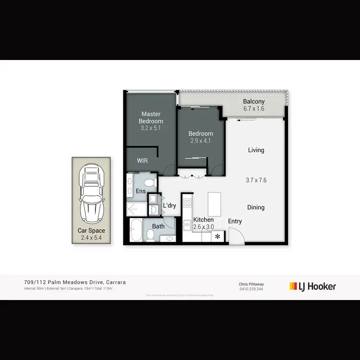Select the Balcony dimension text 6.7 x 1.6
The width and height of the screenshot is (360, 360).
[x=254, y=109]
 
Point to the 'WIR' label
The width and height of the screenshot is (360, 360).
[x=142, y=161]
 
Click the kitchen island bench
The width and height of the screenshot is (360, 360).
[x=214, y=204]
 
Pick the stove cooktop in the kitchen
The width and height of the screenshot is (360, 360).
[x=187, y=203]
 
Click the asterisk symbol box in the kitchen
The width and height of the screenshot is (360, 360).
[x=217, y=237]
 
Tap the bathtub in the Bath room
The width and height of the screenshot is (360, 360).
[x=135, y=230]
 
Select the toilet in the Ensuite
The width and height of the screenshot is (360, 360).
[x=150, y=183]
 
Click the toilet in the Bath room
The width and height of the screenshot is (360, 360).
[x=151, y=235]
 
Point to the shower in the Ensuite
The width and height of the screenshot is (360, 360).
[x=136, y=209]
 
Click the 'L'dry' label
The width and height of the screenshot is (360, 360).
[x=169, y=205]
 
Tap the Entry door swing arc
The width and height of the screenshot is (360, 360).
[x=237, y=235]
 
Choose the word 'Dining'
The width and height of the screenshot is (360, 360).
[x=256, y=207]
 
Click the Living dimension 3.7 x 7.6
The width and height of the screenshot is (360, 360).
[x=256, y=180]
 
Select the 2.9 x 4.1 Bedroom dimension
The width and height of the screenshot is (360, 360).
[x=200, y=141]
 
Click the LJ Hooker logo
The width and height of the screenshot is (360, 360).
[x=312, y=287]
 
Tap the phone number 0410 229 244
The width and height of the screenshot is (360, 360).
[x=252, y=289]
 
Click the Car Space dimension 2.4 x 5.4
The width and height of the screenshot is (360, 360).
[x=91, y=238]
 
